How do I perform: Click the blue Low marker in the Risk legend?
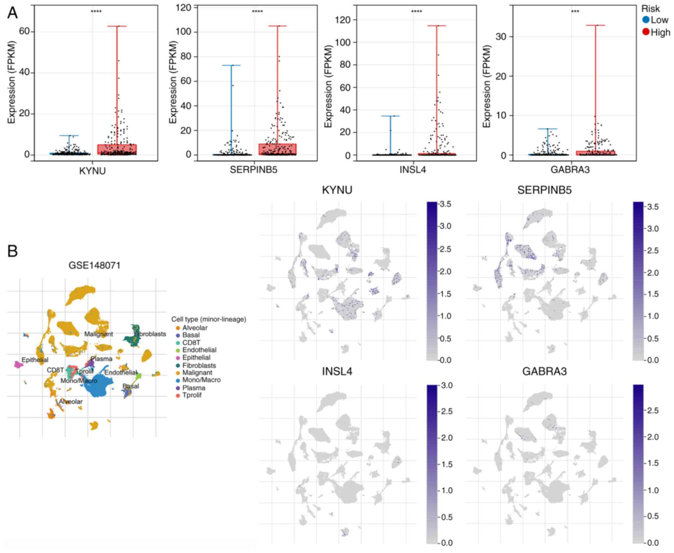click(645, 20)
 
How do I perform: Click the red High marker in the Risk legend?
click(645, 32)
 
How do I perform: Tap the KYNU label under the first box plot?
click(92, 171)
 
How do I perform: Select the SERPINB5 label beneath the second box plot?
click(253, 170)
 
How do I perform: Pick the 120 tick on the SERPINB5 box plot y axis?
click(183, 7)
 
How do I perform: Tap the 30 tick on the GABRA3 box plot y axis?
click(501, 36)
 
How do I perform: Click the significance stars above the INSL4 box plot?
click(417, 12)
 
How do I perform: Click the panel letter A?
click(12, 13)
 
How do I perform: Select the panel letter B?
click(12, 251)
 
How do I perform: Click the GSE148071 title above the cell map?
click(94, 265)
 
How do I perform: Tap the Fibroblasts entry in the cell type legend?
click(199, 365)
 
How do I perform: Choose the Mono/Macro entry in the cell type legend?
click(201, 380)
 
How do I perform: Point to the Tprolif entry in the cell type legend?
click(192, 395)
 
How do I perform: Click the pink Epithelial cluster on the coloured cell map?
click(18, 365)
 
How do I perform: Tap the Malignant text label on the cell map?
click(99, 334)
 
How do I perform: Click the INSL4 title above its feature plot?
click(337, 371)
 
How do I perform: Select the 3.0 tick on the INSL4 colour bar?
click(447, 385)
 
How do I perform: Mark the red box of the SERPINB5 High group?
click(278, 149)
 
